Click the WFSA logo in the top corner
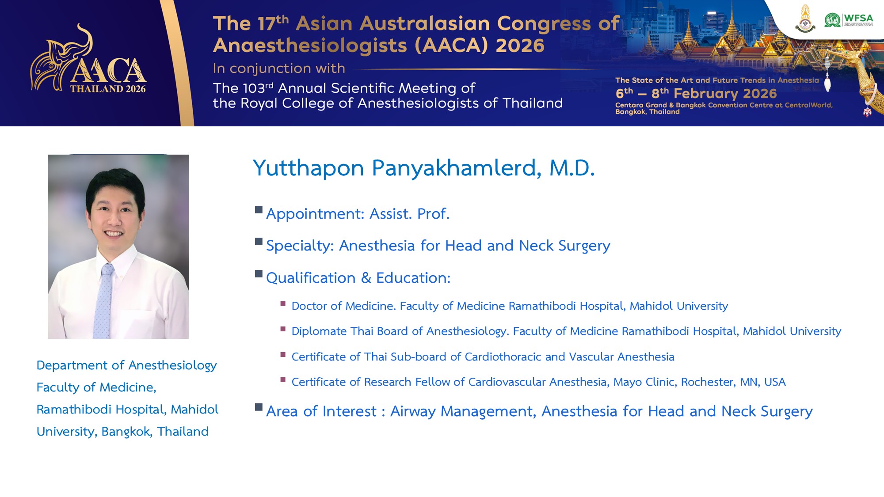coord(849,20)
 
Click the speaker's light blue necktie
coord(103,300)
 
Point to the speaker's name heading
coord(424,168)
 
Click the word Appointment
coord(315,214)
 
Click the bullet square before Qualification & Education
coord(259,273)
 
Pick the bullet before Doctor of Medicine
coord(283,304)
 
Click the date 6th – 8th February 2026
coord(696,93)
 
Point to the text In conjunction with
coord(279,68)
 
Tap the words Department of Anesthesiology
coord(126,366)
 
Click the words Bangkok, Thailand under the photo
coord(155,432)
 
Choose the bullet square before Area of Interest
coord(259,407)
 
